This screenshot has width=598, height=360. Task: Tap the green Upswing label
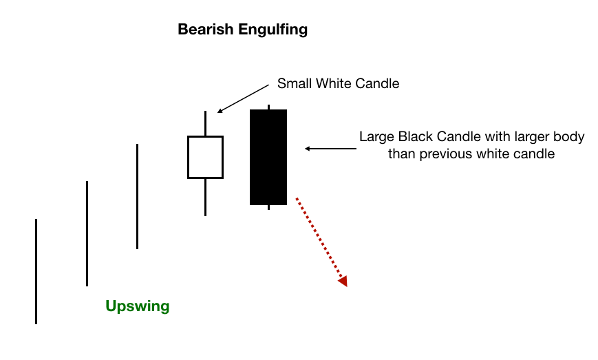tap(137, 306)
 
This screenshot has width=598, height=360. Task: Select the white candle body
tap(205, 157)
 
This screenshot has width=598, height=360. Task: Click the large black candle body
tap(268, 156)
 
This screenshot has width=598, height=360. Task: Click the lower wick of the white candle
tap(205, 197)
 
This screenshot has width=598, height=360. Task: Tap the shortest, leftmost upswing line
tap(36, 271)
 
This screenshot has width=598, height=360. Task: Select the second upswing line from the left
tap(87, 233)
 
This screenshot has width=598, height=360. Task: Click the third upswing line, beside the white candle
tap(138, 196)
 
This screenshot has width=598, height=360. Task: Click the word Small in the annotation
tap(293, 84)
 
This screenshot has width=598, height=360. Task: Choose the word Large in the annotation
tap(376, 137)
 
